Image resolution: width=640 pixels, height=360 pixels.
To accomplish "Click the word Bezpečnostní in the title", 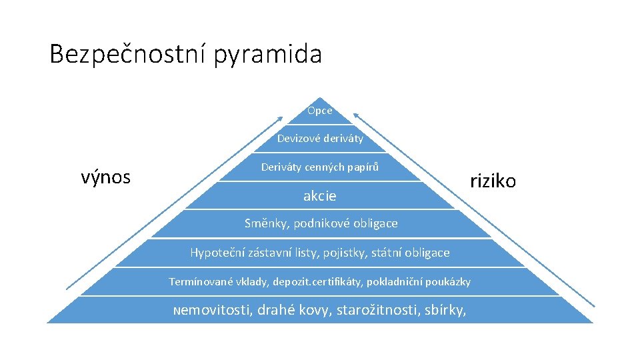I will (128, 54).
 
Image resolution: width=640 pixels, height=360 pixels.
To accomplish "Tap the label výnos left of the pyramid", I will (105, 177).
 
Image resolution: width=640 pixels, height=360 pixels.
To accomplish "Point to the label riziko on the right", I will (493, 181).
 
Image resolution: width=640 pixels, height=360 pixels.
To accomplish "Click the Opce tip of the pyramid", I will (320, 111).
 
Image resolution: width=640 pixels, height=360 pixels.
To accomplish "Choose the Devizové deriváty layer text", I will (320, 139).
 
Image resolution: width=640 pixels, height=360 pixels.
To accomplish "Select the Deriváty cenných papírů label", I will (320, 167).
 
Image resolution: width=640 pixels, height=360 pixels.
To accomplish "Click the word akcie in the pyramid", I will (320, 196).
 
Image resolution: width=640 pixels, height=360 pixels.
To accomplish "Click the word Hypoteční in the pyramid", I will (218, 253).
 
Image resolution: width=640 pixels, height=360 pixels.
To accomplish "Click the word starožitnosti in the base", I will (377, 310).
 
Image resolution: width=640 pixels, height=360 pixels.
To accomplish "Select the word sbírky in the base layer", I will (445, 310).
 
